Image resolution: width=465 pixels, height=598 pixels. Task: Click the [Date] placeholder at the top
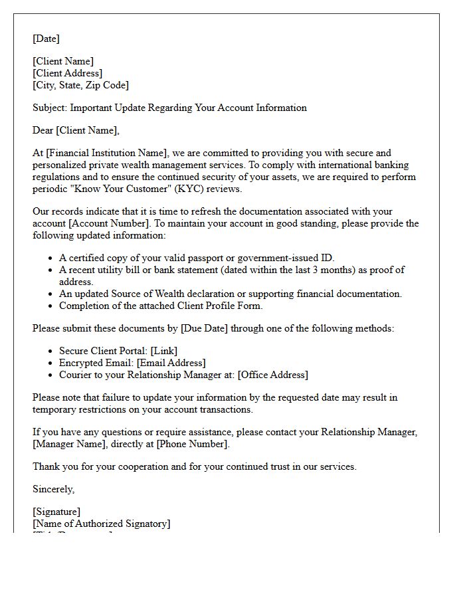tap(46, 39)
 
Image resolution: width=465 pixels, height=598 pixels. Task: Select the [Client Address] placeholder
tap(67, 73)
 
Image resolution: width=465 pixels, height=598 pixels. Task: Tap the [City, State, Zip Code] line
tap(80, 85)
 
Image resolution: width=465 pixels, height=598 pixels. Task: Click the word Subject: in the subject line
tap(50, 108)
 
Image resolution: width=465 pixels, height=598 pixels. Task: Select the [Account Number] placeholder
tap(107, 223)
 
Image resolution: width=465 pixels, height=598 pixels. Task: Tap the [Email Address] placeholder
tap(171, 363)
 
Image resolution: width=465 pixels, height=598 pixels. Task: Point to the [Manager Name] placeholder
tap(67, 444)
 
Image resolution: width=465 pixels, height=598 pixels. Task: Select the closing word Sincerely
tap(53, 489)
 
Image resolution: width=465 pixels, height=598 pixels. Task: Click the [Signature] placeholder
tap(56, 512)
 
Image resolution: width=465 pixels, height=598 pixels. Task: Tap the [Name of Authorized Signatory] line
tap(101, 524)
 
